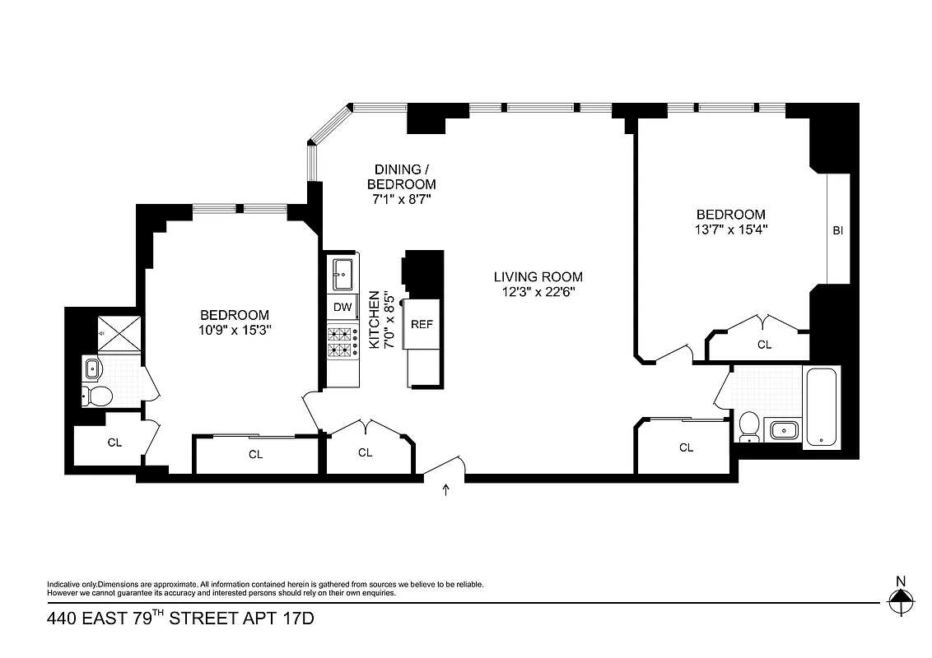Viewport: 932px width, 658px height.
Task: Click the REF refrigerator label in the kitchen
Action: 422,324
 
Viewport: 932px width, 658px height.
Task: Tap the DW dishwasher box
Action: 343,308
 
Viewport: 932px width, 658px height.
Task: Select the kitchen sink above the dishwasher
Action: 343,272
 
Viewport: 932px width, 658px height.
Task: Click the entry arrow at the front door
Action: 446,490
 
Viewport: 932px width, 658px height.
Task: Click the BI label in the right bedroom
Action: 837,231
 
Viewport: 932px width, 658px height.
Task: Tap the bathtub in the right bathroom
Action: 821,407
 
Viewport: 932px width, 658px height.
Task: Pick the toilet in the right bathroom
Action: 748,425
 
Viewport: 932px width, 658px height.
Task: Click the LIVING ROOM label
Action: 538,277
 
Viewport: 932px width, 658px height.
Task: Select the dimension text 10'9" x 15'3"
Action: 235,330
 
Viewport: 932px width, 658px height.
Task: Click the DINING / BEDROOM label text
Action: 401,177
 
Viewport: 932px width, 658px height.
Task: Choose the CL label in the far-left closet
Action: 114,443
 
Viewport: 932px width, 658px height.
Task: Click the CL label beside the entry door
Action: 365,452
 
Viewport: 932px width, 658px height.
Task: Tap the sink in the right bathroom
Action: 782,429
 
